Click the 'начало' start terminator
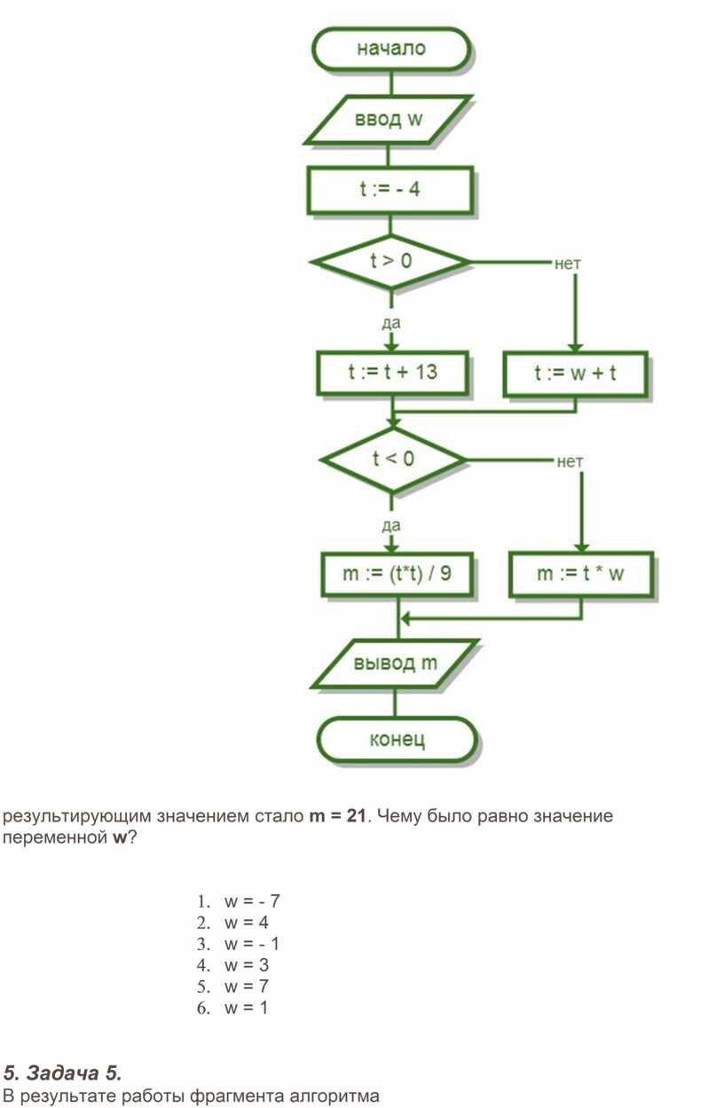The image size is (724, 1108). pyautogui.click(x=390, y=49)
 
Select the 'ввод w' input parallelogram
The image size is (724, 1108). pyautogui.click(x=388, y=120)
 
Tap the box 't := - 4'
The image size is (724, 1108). pyautogui.click(x=390, y=190)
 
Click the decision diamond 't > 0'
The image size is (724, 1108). pyautogui.click(x=391, y=261)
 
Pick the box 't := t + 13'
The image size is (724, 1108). pyautogui.click(x=392, y=373)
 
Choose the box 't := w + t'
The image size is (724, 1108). pyautogui.click(x=575, y=374)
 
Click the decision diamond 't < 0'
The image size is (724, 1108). pyautogui.click(x=392, y=460)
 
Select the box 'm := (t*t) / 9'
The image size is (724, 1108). pyautogui.click(x=397, y=574)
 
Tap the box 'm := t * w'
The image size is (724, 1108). pyautogui.click(x=581, y=574)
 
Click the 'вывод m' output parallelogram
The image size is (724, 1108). pyautogui.click(x=395, y=664)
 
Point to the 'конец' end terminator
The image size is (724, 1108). pyautogui.click(x=397, y=740)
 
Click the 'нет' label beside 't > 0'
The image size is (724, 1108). pyautogui.click(x=567, y=263)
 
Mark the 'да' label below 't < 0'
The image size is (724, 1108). pyautogui.click(x=391, y=526)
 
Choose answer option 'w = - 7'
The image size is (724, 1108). pyautogui.click(x=252, y=901)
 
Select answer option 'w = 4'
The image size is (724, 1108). pyautogui.click(x=247, y=923)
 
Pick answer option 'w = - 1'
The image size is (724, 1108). pyautogui.click(x=252, y=944)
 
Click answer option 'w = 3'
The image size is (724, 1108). pyautogui.click(x=247, y=965)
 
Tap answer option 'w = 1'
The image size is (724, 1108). pyautogui.click(x=246, y=1008)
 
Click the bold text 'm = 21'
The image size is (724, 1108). pyautogui.click(x=337, y=815)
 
